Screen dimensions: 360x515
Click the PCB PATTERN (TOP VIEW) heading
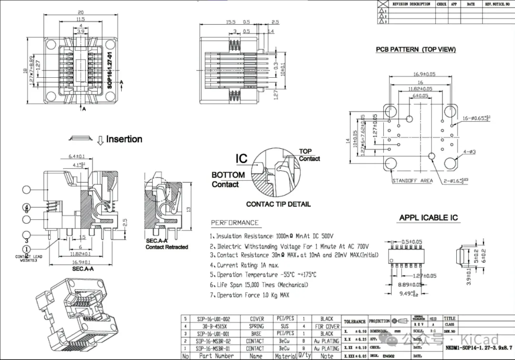point(415,50)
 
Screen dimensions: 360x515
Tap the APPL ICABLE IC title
point(428,218)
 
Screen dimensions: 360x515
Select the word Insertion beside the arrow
point(124,139)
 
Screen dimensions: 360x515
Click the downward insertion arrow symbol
point(100,140)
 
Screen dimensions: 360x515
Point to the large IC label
point(242,159)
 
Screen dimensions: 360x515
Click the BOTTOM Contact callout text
point(228,180)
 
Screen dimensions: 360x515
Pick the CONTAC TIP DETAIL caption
point(278,204)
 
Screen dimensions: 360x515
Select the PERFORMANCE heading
point(235,223)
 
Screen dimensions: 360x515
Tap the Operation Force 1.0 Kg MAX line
point(249,295)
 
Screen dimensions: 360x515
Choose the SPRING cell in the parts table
point(256,327)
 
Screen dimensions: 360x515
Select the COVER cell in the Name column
point(257,319)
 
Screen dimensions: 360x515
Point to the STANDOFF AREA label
point(412,181)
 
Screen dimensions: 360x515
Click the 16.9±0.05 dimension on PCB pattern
point(424,74)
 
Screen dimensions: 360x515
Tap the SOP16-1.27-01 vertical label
point(109,70)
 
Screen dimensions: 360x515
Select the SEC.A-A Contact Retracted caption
point(166,244)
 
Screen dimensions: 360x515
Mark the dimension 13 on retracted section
point(189,209)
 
